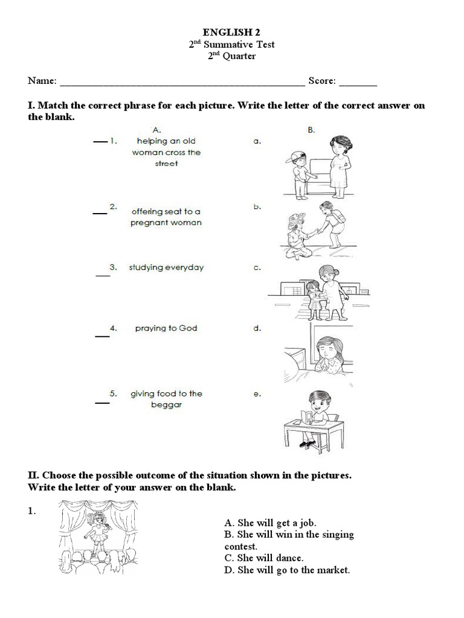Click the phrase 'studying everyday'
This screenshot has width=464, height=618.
click(166, 267)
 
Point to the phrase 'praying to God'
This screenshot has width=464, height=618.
click(166, 328)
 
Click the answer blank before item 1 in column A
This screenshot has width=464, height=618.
click(99, 142)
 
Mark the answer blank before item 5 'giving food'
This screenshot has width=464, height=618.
click(102, 401)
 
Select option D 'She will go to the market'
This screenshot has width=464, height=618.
click(287, 570)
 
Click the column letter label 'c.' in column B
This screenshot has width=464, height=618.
click(257, 268)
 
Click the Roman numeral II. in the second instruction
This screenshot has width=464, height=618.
click(34, 476)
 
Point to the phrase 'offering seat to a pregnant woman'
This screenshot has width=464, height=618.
click(166, 217)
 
